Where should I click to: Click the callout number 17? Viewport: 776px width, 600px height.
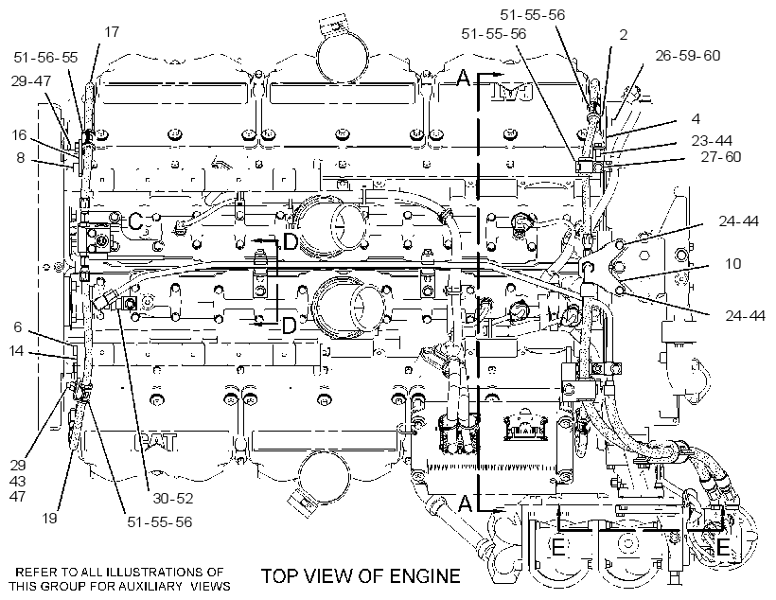coord(112,31)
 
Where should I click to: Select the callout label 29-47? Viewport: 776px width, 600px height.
coord(31,80)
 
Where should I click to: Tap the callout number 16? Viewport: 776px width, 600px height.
coord(19,134)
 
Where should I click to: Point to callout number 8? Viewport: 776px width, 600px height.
coord(20,157)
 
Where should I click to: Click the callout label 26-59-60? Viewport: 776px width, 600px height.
coord(688,56)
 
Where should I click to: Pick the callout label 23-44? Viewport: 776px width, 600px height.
coord(712,141)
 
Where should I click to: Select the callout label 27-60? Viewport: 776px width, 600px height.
coord(721,157)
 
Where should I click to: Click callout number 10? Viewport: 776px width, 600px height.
coord(733,263)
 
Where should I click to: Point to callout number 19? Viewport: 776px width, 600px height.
coord(49,518)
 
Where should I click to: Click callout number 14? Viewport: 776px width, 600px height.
coord(16,350)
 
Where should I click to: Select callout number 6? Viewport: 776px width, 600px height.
coord(18,326)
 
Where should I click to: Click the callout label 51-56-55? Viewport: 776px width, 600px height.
coord(45,58)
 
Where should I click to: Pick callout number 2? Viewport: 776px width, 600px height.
coord(623,34)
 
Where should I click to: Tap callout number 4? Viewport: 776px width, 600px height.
coord(696,119)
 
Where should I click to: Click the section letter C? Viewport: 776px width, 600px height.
coord(135,222)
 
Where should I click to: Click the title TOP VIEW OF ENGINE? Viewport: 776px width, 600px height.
coord(361,575)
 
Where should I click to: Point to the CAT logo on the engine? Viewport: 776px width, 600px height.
coord(156,442)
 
